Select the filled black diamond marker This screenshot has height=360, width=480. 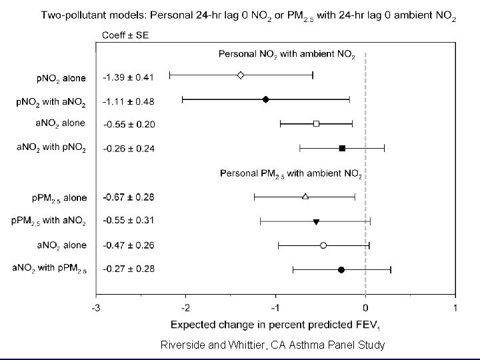tap(265, 99)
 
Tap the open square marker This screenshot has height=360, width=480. tap(316, 123)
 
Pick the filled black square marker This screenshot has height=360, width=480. tap(342, 148)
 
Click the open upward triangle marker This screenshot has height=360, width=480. tap(305, 196)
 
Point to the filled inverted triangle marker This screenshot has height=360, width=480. tap(316, 221)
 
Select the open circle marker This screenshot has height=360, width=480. tap(323, 245)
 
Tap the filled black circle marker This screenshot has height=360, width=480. tap(341, 269)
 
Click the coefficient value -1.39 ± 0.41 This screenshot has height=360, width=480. tap(128, 77)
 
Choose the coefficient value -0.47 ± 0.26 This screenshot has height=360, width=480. tap(128, 245)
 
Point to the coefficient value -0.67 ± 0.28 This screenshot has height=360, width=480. tap(128, 197)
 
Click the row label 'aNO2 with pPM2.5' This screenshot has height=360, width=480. tap(49, 269)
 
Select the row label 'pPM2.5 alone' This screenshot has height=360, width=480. tap(59, 198)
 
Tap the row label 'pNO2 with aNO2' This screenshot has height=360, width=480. tap(51, 102)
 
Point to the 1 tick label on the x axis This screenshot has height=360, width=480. tap(455, 308)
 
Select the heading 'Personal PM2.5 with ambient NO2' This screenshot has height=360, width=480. tap(291, 174)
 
